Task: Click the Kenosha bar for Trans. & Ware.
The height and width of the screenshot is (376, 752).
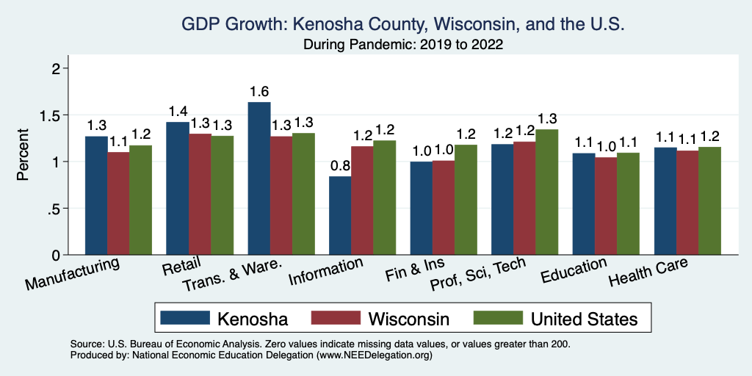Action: click(x=259, y=178)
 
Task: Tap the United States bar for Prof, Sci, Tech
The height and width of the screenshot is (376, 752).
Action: click(x=546, y=192)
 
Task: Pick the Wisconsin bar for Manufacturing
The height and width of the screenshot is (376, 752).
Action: click(x=118, y=203)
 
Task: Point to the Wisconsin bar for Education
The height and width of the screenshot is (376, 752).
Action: click(x=606, y=206)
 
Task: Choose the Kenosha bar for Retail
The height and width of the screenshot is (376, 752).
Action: click(x=178, y=188)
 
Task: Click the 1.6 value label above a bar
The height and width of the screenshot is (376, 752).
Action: click(x=259, y=92)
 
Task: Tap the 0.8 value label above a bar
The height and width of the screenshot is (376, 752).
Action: click(x=340, y=166)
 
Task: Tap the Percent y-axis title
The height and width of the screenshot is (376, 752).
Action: click(x=23, y=156)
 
